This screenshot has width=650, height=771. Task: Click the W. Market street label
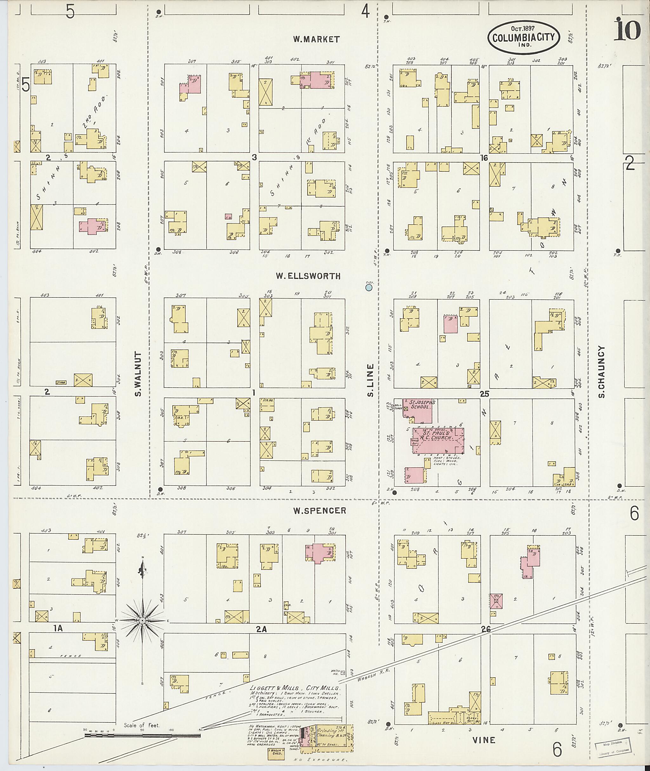tap(316, 39)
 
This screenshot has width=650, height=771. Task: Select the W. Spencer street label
tap(320, 511)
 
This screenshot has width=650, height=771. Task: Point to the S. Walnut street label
tap(138, 374)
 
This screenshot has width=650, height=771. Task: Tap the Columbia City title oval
tap(524, 38)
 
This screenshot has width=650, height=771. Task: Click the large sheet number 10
tap(627, 30)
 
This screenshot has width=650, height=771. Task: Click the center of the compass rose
tap(142, 621)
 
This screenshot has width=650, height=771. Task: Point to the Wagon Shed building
tap(276, 752)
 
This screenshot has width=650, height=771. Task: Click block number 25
tap(484, 394)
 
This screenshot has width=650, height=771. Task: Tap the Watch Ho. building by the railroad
tap(343, 673)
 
